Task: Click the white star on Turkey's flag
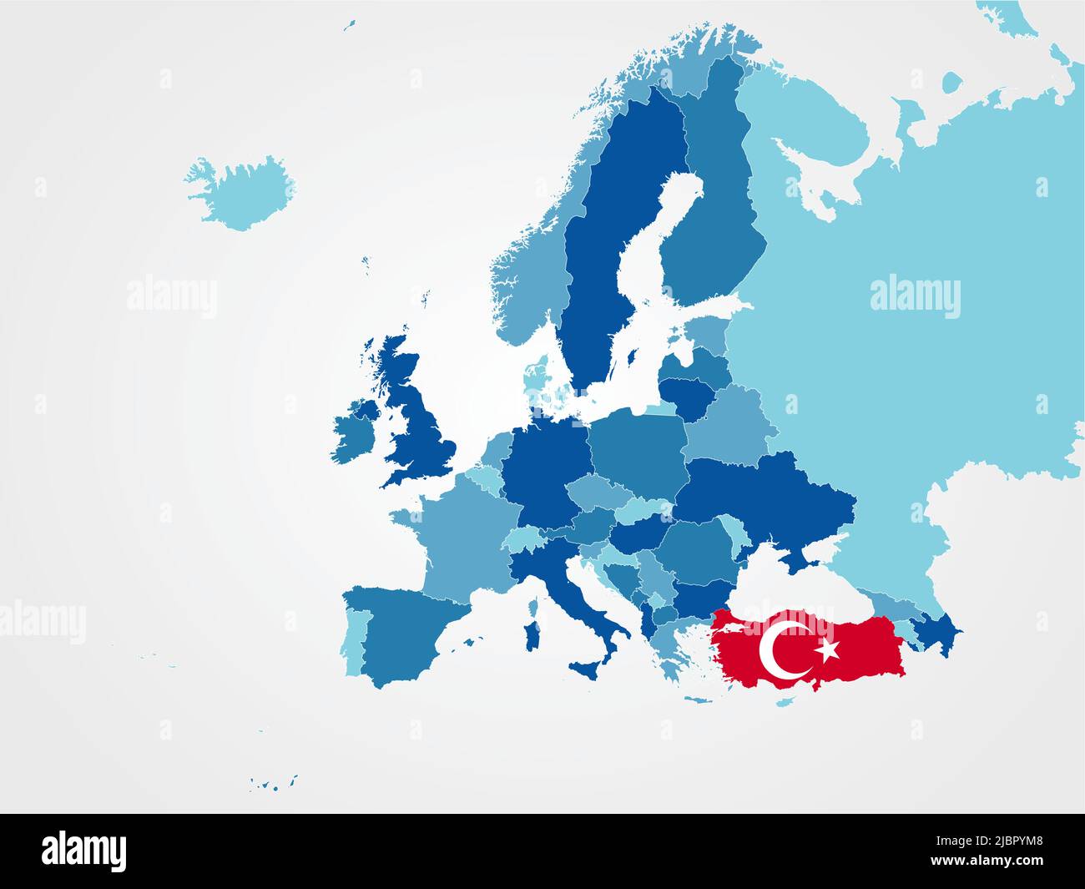(827, 649)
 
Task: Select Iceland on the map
(242, 192)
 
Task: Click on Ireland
(355, 430)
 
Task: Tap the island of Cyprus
(785, 702)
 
